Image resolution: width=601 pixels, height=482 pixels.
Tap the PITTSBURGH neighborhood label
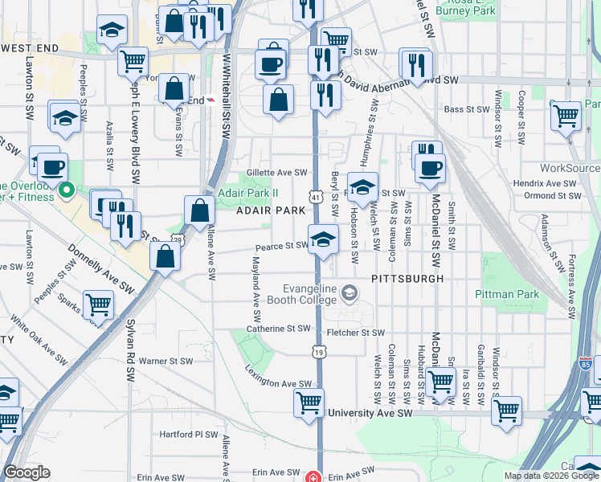click(407, 278)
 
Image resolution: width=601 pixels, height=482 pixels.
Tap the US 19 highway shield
click(319, 353)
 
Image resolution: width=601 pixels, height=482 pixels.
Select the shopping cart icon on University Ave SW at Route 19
click(309, 402)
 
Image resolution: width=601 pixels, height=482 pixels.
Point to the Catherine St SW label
click(278, 329)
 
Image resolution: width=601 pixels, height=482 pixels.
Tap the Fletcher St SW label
click(356, 332)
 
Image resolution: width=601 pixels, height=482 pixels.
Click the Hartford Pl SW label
click(188, 435)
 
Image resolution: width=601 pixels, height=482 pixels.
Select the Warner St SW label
click(166, 361)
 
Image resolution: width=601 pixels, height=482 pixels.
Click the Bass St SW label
click(466, 108)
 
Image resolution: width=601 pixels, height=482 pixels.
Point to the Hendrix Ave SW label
click(546, 184)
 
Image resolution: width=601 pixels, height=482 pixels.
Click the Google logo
click(27, 473)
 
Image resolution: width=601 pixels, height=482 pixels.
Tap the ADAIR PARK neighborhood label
click(270, 210)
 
